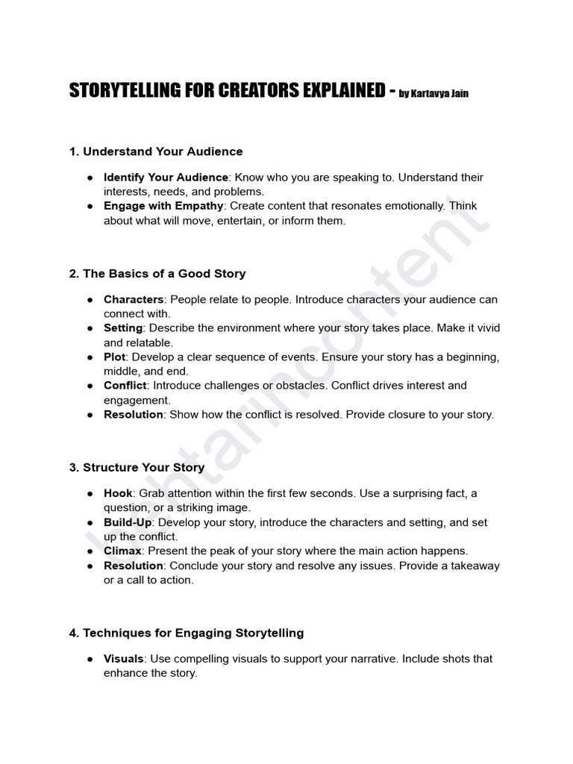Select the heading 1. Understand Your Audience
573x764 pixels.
click(x=156, y=151)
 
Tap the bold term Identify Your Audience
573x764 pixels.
click(x=166, y=178)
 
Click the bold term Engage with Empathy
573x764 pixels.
click(x=163, y=206)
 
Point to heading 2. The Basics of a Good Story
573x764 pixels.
click(x=157, y=274)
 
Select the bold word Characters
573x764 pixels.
click(x=134, y=300)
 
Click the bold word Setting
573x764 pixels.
click(x=123, y=328)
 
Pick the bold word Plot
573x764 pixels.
click(x=115, y=357)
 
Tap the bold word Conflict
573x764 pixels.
click(x=125, y=386)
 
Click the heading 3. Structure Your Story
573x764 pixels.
click(x=137, y=468)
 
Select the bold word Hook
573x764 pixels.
click(x=118, y=494)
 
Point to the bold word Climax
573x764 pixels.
click(x=123, y=551)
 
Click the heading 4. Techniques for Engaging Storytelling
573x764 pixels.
click(x=187, y=633)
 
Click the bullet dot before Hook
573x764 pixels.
click(x=89, y=494)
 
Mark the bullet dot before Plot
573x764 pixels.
click(x=89, y=357)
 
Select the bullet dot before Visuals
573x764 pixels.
click(x=89, y=659)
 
